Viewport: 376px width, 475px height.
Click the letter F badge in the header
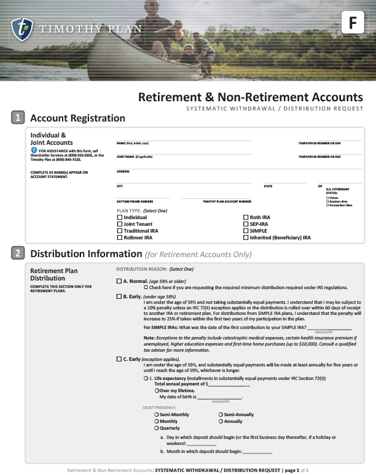click(x=352, y=23)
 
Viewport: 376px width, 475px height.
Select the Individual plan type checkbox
click(x=120, y=217)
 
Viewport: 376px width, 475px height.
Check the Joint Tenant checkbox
click(x=120, y=224)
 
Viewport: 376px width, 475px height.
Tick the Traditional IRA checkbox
click(x=120, y=231)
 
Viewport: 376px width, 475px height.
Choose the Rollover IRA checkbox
click(x=120, y=237)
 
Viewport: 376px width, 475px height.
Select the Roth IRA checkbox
click(x=246, y=217)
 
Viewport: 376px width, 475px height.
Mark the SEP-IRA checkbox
click(x=246, y=224)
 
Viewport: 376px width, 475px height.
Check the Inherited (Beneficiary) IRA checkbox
click(x=246, y=237)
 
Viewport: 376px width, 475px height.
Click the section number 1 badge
click(x=18, y=118)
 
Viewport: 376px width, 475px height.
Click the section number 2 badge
click(x=18, y=253)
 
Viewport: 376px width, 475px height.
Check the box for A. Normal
click(x=119, y=281)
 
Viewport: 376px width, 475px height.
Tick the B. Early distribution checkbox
click(x=119, y=296)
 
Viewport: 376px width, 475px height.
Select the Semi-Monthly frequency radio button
click(x=156, y=415)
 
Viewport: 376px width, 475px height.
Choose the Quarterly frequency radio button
click(x=156, y=428)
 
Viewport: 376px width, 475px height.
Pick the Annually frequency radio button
click(x=220, y=422)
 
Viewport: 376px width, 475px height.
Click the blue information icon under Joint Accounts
click(x=34, y=150)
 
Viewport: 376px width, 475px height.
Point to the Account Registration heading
click(x=77, y=118)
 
